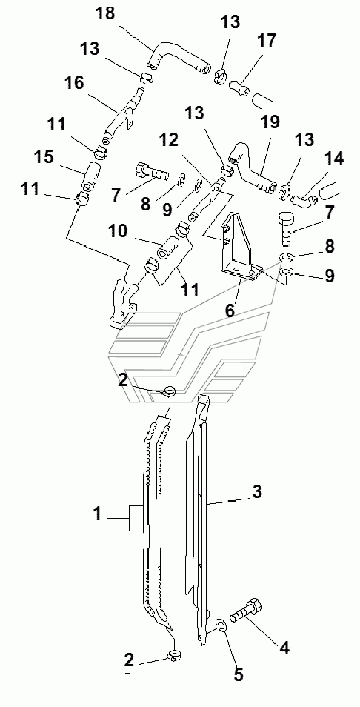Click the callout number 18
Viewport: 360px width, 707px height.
pos(107,15)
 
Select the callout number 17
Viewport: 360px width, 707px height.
pos(266,41)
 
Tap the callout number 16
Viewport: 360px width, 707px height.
pos(74,84)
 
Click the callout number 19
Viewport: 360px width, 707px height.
pos(269,122)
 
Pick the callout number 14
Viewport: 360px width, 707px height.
pos(333,159)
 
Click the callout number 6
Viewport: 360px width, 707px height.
pos(230,311)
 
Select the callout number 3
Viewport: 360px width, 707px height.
pos(257,492)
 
